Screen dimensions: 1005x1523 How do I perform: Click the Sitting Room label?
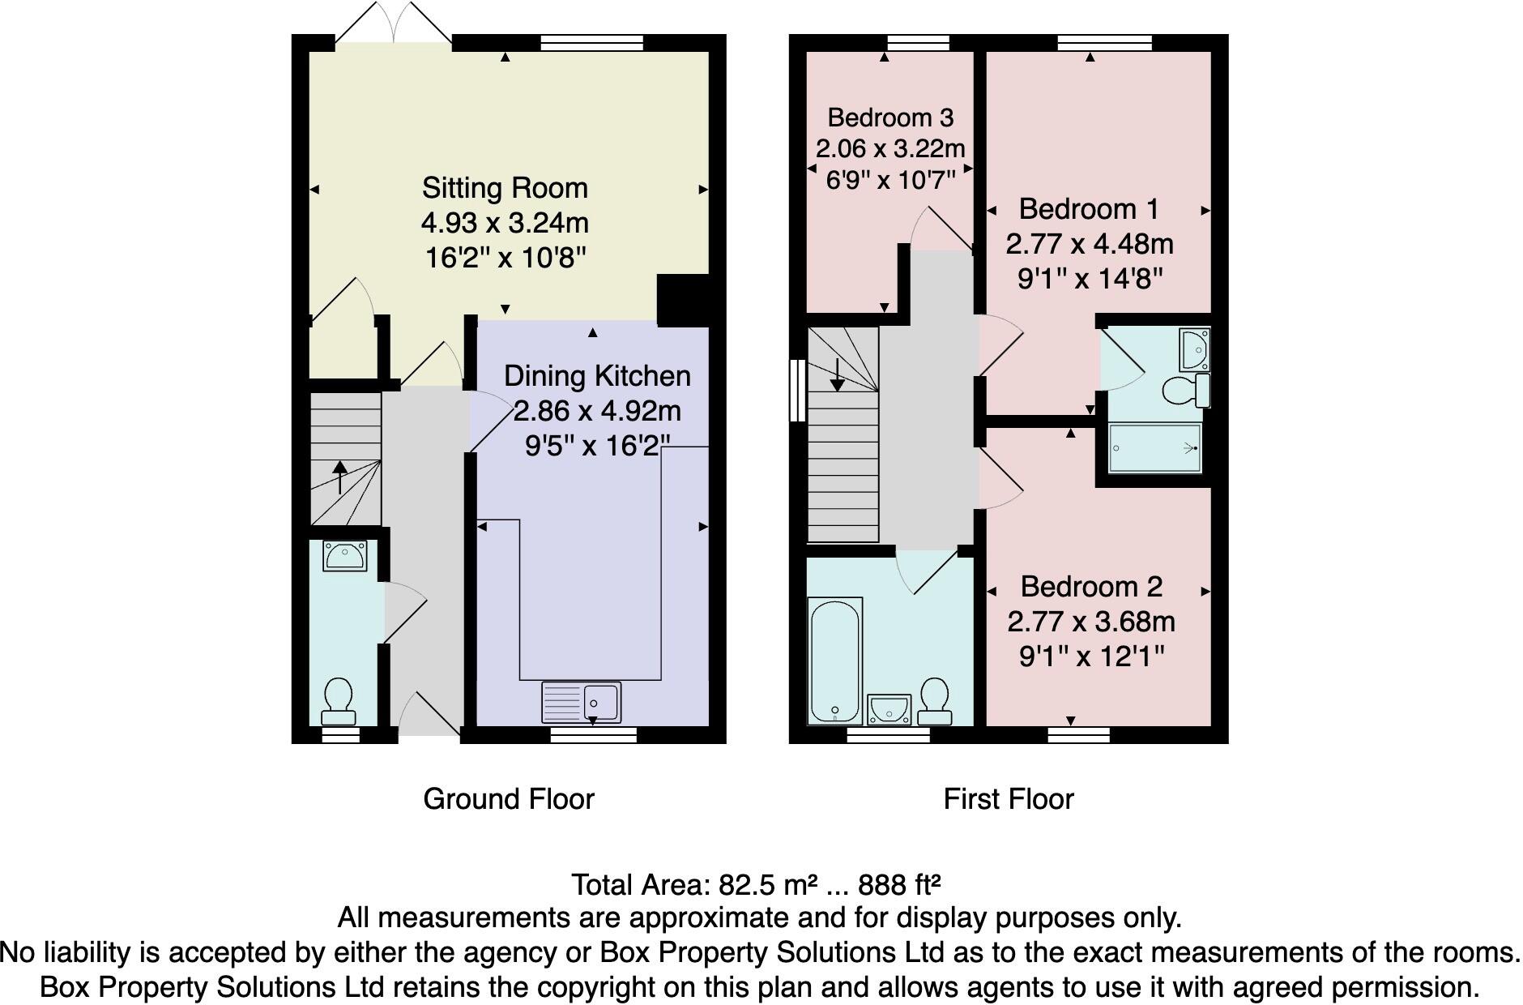click(504, 188)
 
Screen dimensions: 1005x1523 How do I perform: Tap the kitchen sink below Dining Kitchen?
click(582, 701)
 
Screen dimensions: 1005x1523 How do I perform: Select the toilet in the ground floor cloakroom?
click(338, 702)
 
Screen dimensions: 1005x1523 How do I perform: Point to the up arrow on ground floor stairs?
click(339, 477)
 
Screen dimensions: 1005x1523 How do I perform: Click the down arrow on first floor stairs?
click(838, 374)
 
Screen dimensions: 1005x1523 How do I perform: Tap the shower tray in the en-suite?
click(1154, 448)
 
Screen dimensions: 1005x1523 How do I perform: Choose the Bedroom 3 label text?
click(890, 118)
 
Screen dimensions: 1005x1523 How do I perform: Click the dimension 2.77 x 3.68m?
click(1090, 622)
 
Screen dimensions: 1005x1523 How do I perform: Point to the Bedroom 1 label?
click(1089, 209)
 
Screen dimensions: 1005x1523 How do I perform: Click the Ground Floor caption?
click(509, 799)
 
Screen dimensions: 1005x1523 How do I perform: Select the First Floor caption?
click(1009, 799)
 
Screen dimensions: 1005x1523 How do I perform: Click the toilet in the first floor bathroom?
click(935, 703)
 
